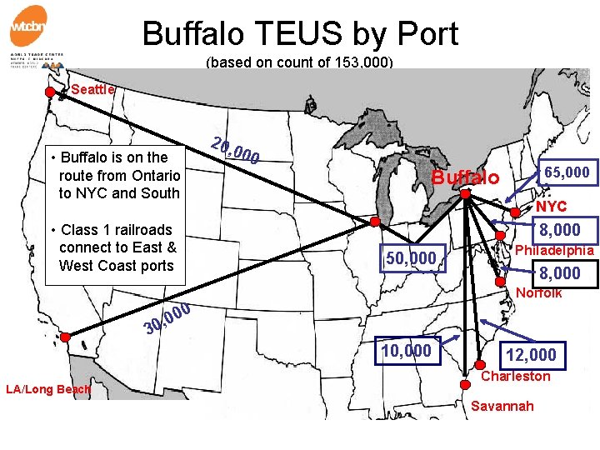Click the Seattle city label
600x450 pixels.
pos(93,89)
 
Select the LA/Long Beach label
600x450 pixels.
pos(47,389)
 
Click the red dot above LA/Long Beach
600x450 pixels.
pos(65,337)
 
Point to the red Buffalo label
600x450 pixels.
pos(466,177)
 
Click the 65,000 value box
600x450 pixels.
pos(567,172)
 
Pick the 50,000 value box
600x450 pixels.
pos(410,258)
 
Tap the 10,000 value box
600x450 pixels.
pos(406,351)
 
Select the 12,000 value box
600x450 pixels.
pos(531,355)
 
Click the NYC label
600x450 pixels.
pos(551,206)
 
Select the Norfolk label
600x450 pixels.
pos(538,292)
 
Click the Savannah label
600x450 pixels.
pos(502,406)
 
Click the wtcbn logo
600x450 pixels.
pos(28,27)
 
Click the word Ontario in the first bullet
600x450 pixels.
pos(153,175)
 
